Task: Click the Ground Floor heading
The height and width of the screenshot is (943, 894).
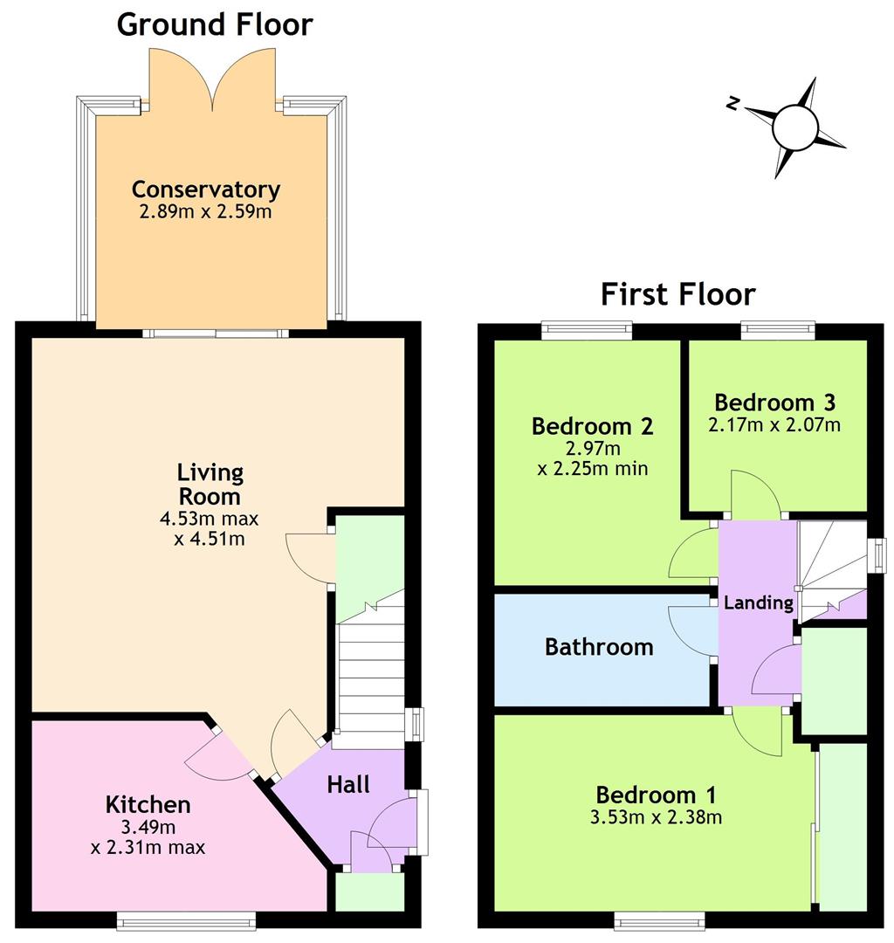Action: tap(215, 25)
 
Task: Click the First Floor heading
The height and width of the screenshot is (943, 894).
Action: tap(677, 295)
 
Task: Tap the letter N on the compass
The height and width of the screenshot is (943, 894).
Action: tap(732, 103)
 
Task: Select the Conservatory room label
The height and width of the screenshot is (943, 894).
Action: tap(206, 189)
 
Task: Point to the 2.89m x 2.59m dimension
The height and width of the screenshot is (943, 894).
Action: tap(206, 211)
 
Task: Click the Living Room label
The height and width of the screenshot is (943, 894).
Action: tap(210, 484)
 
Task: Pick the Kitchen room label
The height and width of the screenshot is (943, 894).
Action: tap(148, 804)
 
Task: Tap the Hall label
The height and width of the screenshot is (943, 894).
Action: tap(348, 784)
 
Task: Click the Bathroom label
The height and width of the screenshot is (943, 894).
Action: tap(599, 646)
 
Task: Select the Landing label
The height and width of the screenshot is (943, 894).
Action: tap(758, 602)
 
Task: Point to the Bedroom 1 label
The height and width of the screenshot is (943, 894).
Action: tap(656, 795)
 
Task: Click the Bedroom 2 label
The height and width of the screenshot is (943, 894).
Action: tap(592, 426)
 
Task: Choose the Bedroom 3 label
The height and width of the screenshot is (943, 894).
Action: tap(775, 402)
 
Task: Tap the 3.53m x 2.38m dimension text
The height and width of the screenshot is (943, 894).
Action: tap(656, 817)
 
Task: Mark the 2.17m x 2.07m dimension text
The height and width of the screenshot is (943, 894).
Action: tap(774, 424)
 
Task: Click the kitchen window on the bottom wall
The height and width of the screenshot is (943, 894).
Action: tap(186, 920)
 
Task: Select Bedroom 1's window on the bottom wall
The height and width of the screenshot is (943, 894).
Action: tap(659, 920)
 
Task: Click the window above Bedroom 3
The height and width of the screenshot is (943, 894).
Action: tap(778, 330)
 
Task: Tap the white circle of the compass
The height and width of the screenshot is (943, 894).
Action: tap(794, 127)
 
